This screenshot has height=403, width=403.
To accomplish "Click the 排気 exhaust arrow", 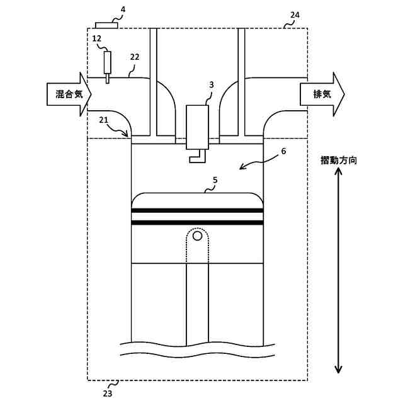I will [322, 94].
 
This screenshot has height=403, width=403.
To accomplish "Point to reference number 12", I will [96, 38].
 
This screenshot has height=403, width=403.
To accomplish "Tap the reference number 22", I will [134, 56].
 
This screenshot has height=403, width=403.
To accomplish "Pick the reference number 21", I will [103, 119].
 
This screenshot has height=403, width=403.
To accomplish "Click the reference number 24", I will [295, 14].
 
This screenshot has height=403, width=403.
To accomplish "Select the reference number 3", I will [212, 84].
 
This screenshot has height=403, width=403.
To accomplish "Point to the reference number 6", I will [283, 151].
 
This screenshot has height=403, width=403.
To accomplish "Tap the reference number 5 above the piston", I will [215, 180].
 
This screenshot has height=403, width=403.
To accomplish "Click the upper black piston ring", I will [196, 210].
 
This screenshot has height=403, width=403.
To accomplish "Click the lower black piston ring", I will [196, 222].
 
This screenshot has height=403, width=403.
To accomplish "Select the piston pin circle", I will [198, 236].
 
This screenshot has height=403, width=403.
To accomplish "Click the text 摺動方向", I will [339, 161].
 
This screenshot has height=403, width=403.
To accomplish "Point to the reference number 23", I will [108, 393].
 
